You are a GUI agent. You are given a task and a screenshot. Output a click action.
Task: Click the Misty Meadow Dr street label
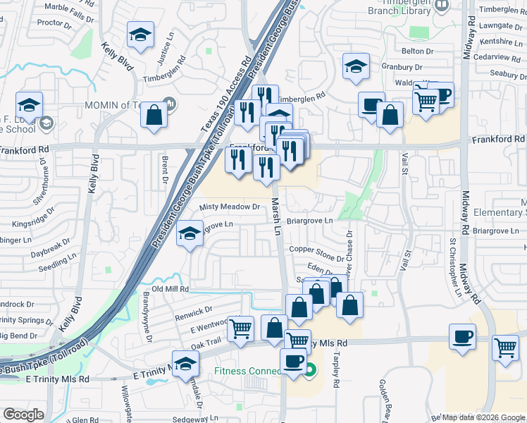pos(230,207)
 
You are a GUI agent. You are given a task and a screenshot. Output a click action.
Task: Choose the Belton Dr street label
pos(417,51)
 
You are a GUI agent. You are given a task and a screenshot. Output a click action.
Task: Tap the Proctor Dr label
pos(51,23)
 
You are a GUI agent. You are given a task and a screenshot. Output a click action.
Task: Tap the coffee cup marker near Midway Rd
pos(462,336)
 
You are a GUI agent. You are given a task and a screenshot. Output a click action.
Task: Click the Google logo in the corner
pos(23,415)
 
